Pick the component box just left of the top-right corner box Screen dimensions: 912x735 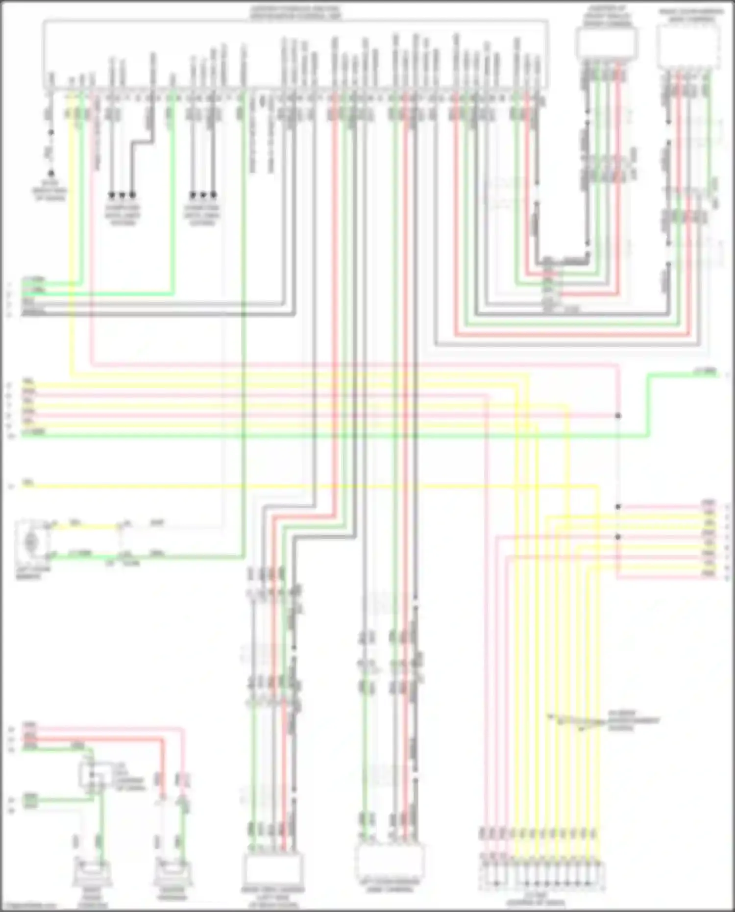coord(607,43)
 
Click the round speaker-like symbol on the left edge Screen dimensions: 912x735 coord(31,542)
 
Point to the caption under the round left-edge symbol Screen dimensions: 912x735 coord(31,574)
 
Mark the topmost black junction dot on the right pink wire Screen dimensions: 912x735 coord(618,416)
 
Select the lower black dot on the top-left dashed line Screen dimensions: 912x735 coord(51,174)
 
